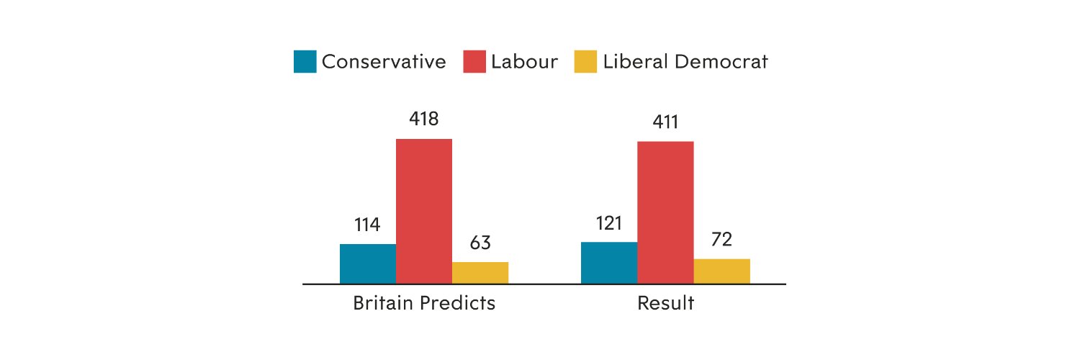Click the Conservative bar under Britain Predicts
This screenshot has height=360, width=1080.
click(368, 264)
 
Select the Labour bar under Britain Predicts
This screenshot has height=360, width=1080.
click(424, 211)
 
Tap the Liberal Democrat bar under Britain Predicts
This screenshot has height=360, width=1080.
click(480, 272)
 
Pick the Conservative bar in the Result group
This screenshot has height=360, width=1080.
click(609, 263)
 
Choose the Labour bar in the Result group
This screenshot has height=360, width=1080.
click(665, 212)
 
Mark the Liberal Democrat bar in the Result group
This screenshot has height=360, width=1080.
click(721, 271)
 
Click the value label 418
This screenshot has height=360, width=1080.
click(423, 119)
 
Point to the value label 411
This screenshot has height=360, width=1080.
click(665, 122)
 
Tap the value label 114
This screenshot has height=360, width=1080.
click(367, 225)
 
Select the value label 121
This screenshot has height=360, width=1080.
click(608, 223)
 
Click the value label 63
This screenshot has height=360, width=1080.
click(480, 243)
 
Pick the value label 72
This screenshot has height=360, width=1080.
click(721, 240)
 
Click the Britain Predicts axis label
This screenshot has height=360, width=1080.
click(424, 303)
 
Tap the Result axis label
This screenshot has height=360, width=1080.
click(665, 303)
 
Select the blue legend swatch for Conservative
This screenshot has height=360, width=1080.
click(305, 61)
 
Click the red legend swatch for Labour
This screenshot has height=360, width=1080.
click(474, 61)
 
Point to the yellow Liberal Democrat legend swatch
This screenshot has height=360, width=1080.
click(585, 61)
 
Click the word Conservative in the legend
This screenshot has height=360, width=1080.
click(384, 62)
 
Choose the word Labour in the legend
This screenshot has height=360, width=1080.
click(524, 62)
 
